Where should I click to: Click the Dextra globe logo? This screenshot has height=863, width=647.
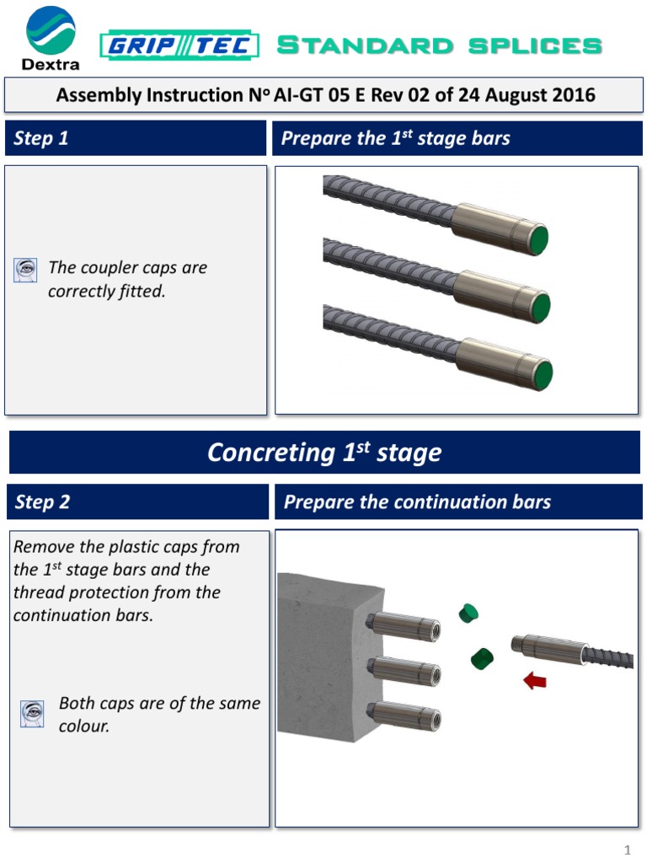[x=51, y=30]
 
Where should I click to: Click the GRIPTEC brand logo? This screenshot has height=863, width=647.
[x=179, y=46]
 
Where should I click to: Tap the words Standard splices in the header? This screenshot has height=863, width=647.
[x=439, y=46]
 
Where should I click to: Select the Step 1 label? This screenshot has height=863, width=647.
[x=41, y=138]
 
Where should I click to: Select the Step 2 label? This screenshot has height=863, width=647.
[x=42, y=502]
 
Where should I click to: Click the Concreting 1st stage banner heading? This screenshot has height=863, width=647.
[x=324, y=453]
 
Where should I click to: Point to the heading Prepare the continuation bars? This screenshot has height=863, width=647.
[x=417, y=502]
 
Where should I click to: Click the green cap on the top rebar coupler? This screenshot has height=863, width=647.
[x=536, y=240]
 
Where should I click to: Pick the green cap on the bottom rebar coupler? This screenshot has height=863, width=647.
[x=542, y=373]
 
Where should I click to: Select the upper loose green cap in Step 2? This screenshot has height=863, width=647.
[x=468, y=613]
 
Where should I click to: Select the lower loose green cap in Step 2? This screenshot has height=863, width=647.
[x=481, y=657]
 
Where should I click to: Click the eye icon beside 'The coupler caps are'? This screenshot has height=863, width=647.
[x=26, y=270]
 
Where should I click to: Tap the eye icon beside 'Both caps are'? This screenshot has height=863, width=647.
[x=31, y=714]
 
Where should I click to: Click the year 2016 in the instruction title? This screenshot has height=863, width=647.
[x=572, y=94]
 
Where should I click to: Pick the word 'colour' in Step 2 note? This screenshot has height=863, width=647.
[x=84, y=726]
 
